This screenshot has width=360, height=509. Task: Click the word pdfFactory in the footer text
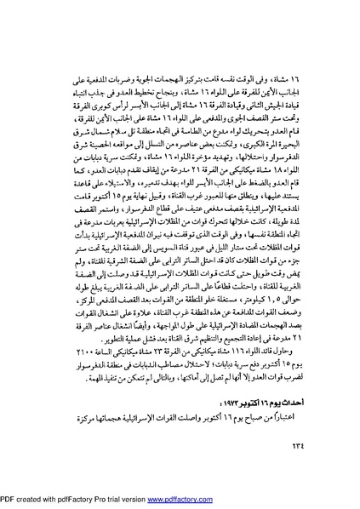(83, 500)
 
